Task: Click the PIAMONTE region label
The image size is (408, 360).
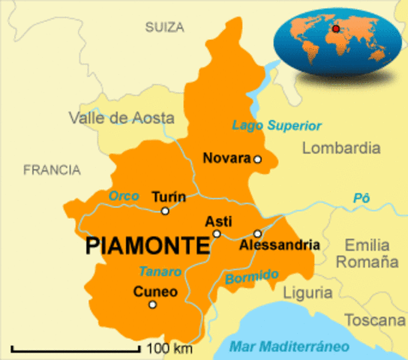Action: point(148,245)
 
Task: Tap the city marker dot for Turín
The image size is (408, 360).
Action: point(165,211)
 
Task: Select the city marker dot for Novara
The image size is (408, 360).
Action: point(257,159)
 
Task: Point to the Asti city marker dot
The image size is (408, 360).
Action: point(216,234)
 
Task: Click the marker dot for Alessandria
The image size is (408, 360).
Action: point(256,233)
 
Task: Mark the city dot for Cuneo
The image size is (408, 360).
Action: point(152,304)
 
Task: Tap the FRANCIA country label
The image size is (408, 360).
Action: point(52,170)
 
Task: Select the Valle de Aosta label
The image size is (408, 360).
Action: point(121,118)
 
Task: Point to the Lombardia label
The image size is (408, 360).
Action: point(341,148)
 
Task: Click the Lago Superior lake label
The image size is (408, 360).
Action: point(277,125)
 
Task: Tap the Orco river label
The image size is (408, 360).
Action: point(124,196)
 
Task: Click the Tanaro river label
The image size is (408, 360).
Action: point(160,271)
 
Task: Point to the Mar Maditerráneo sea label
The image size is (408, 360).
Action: point(289,346)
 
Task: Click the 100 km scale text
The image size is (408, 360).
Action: point(169,349)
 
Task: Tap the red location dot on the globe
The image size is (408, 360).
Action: point(336,29)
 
